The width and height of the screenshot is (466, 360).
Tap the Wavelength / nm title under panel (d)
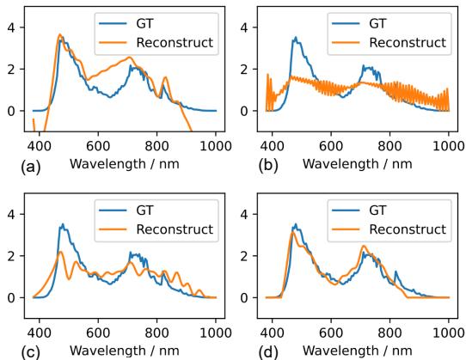point(357,350)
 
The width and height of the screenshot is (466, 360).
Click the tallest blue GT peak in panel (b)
point(295,38)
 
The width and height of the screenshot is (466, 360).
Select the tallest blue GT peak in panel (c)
point(62,224)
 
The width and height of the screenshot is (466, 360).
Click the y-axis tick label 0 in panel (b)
point(248,111)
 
